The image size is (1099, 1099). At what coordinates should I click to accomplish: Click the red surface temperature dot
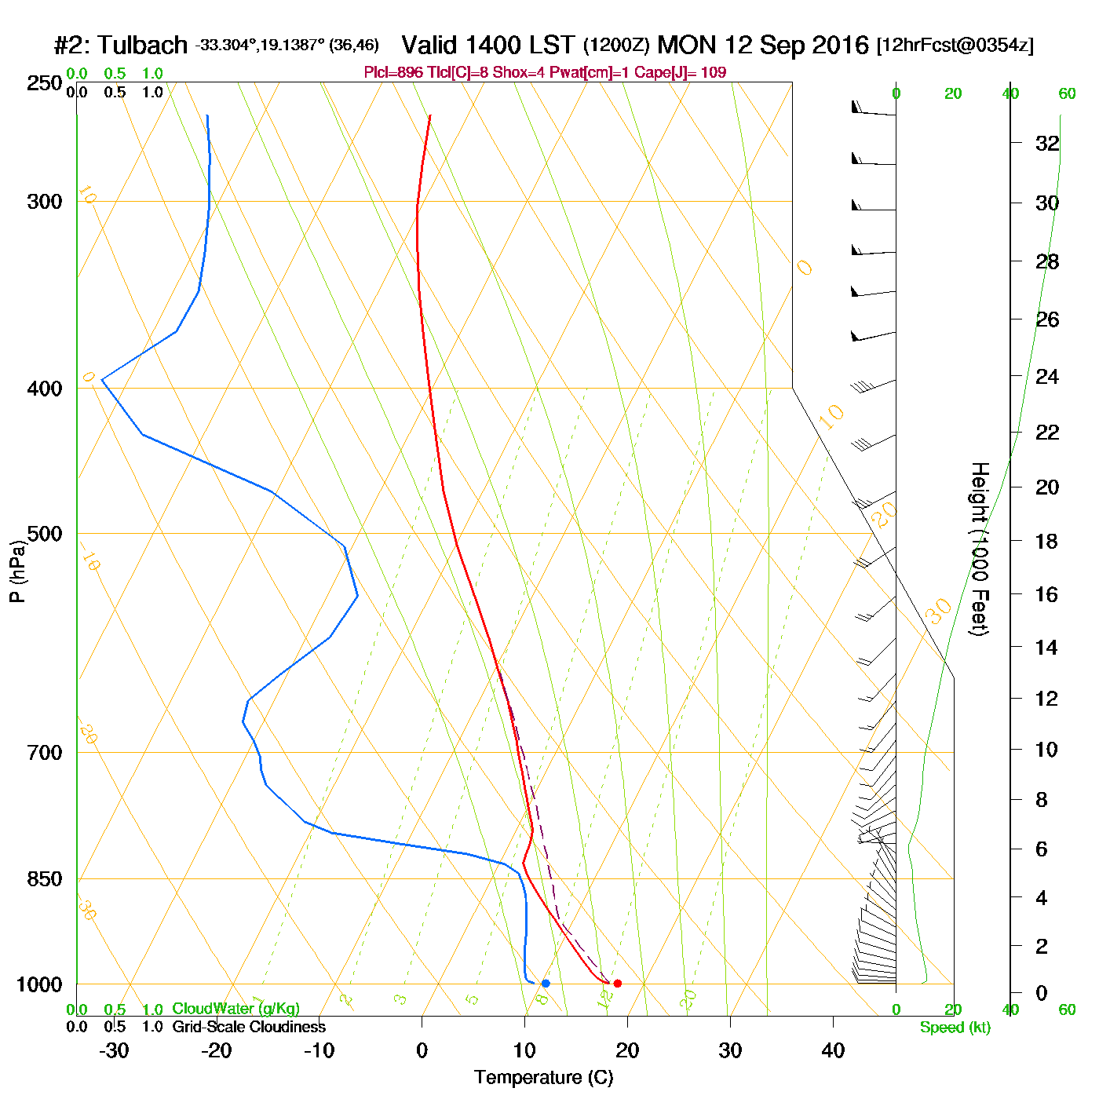(618, 983)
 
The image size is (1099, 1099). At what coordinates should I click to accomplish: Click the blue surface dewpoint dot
(546, 983)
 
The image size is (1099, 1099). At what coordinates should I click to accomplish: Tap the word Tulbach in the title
(142, 46)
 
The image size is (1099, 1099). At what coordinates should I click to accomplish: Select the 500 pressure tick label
(44, 534)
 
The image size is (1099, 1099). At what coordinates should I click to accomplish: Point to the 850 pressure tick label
(44, 879)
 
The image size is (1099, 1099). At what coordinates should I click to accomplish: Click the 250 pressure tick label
(44, 83)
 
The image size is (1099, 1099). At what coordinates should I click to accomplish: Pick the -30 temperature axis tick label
(114, 1050)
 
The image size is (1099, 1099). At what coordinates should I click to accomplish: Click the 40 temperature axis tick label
(833, 1050)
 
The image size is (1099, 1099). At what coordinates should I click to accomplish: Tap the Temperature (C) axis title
(543, 1078)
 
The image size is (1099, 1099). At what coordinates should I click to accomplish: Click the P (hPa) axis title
(17, 571)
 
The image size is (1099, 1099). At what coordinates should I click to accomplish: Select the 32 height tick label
(1047, 144)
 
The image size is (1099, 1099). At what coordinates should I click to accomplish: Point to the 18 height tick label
(1047, 541)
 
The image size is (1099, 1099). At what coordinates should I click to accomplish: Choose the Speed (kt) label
(955, 1028)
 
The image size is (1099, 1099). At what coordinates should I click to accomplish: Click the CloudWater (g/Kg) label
(235, 1009)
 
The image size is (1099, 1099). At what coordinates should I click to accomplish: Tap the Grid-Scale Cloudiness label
(249, 1027)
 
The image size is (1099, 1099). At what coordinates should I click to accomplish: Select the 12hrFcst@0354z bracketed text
(955, 46)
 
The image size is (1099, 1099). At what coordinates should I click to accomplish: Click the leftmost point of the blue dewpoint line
(102, 380)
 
